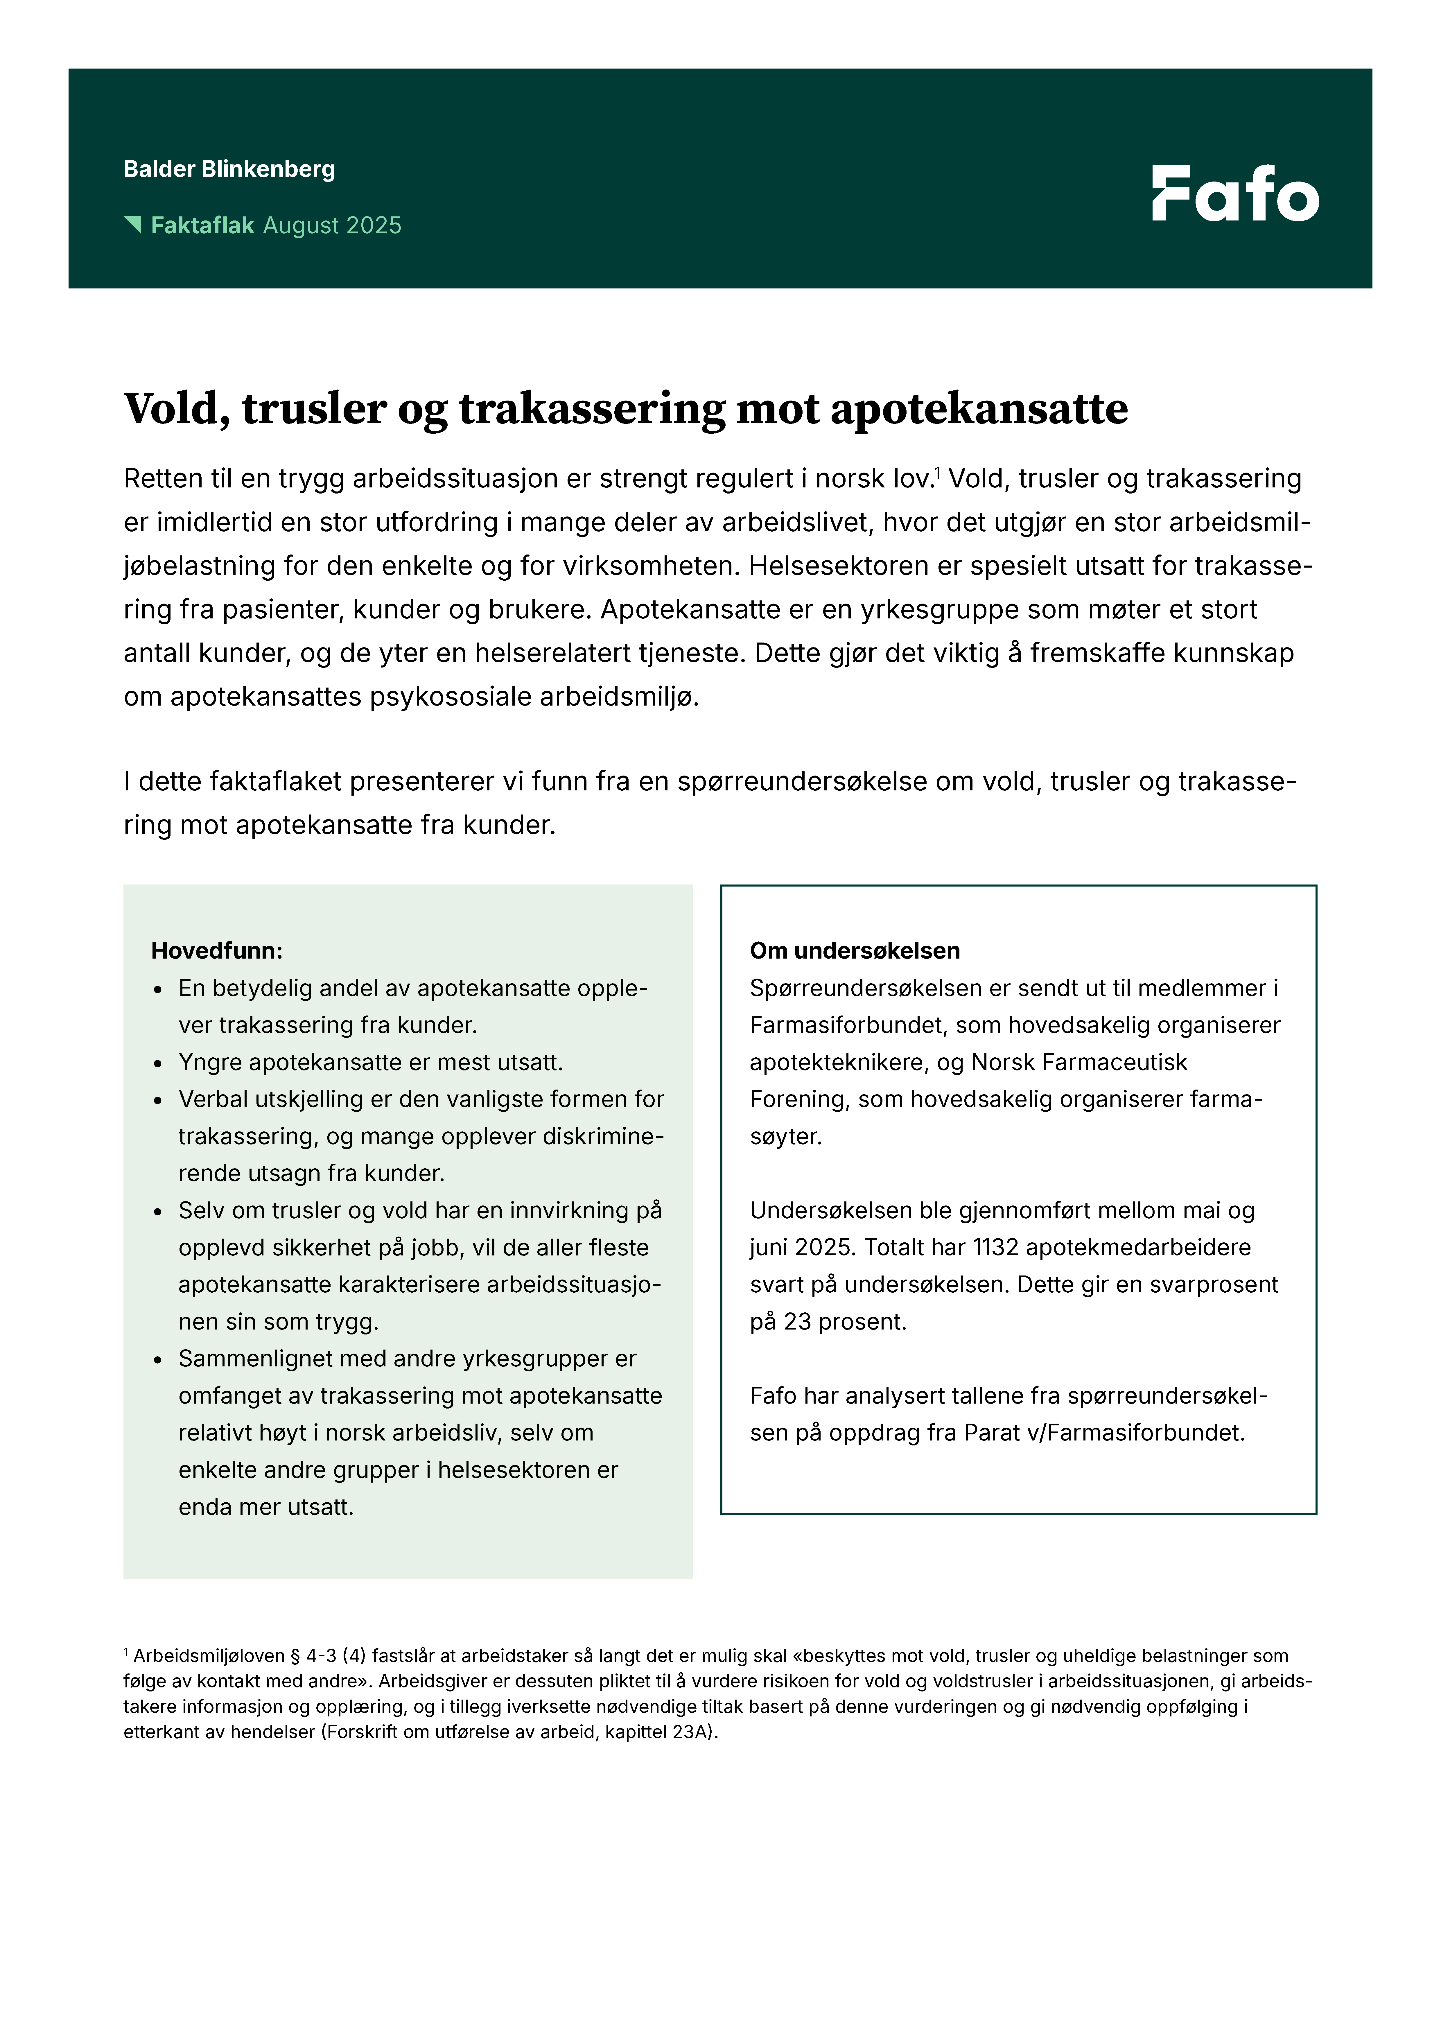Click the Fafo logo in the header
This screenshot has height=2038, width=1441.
pos(1235,193)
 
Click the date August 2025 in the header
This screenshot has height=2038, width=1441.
pos(332,225)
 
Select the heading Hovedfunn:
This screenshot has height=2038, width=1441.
pos(217,951)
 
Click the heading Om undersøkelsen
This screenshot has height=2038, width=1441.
pos(854,951)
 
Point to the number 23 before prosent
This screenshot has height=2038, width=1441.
pos(797,1322)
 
